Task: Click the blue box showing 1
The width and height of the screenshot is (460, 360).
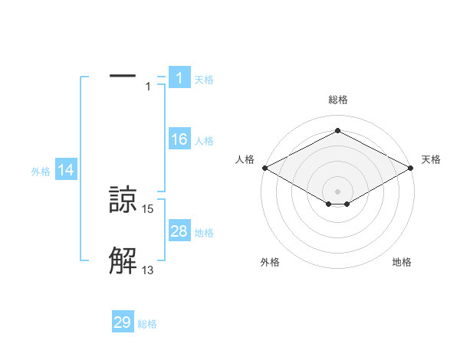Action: (179, 78)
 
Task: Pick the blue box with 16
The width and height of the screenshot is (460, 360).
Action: (179, 139)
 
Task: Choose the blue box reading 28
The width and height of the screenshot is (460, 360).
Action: (179, 231)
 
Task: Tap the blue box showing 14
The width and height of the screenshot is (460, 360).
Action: (66, 171)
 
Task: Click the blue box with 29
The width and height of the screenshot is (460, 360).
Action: (123, 322)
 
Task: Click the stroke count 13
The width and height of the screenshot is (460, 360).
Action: (148, 270)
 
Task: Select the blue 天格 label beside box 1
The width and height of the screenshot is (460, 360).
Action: (204, 80)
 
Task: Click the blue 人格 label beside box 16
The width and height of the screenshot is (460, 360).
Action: (204, 141)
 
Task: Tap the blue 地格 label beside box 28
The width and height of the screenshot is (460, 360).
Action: (204, 233)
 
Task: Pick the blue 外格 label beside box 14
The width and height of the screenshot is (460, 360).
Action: (41, 172)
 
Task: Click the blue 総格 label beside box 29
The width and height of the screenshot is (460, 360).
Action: (147, 324)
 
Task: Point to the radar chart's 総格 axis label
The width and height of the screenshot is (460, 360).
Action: (337, 100)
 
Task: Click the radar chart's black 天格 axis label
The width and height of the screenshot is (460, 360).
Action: (431, 159)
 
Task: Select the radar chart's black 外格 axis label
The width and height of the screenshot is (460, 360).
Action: (270, 262)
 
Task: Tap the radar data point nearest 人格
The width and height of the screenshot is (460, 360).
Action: (264, 168)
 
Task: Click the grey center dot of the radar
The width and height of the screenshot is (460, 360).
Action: (337, 191)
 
